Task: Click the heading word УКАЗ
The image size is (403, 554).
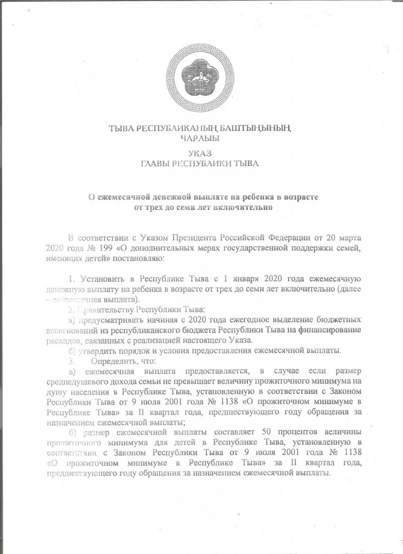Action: [201, 153]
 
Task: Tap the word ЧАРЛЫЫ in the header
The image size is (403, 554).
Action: [201, 138]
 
